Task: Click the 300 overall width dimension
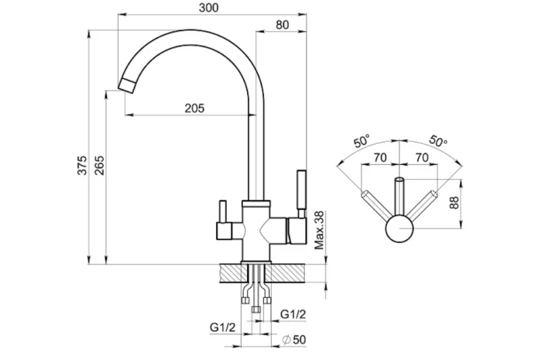[x=209, y=8]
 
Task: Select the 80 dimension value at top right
[x=283, y=25]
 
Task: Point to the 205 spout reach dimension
[x=194, y=108]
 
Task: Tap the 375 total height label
[x=82, y=165]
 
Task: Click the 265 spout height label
[x=99, y=165]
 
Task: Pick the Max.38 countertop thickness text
[x=320, y=230]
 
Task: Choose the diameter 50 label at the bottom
[x=293, y=340]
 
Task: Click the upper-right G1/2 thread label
[x=293, y=314]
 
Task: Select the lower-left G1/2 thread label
[x=223, y=327]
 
